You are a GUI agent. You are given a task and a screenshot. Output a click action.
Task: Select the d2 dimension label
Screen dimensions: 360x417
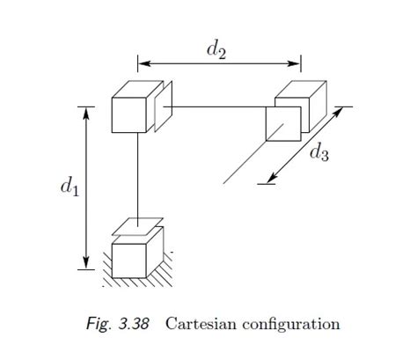click(x=216, y=50)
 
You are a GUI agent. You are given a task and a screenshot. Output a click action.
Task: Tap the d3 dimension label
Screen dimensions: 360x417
click(x=319, y=152)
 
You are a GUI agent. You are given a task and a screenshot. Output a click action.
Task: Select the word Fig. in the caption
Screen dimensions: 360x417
click(x=98, y=324)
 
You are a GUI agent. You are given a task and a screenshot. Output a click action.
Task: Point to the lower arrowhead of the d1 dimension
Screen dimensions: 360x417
click(x=86, y=263)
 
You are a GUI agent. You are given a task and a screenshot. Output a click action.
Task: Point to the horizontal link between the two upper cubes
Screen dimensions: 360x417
click(x=216, y=107)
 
